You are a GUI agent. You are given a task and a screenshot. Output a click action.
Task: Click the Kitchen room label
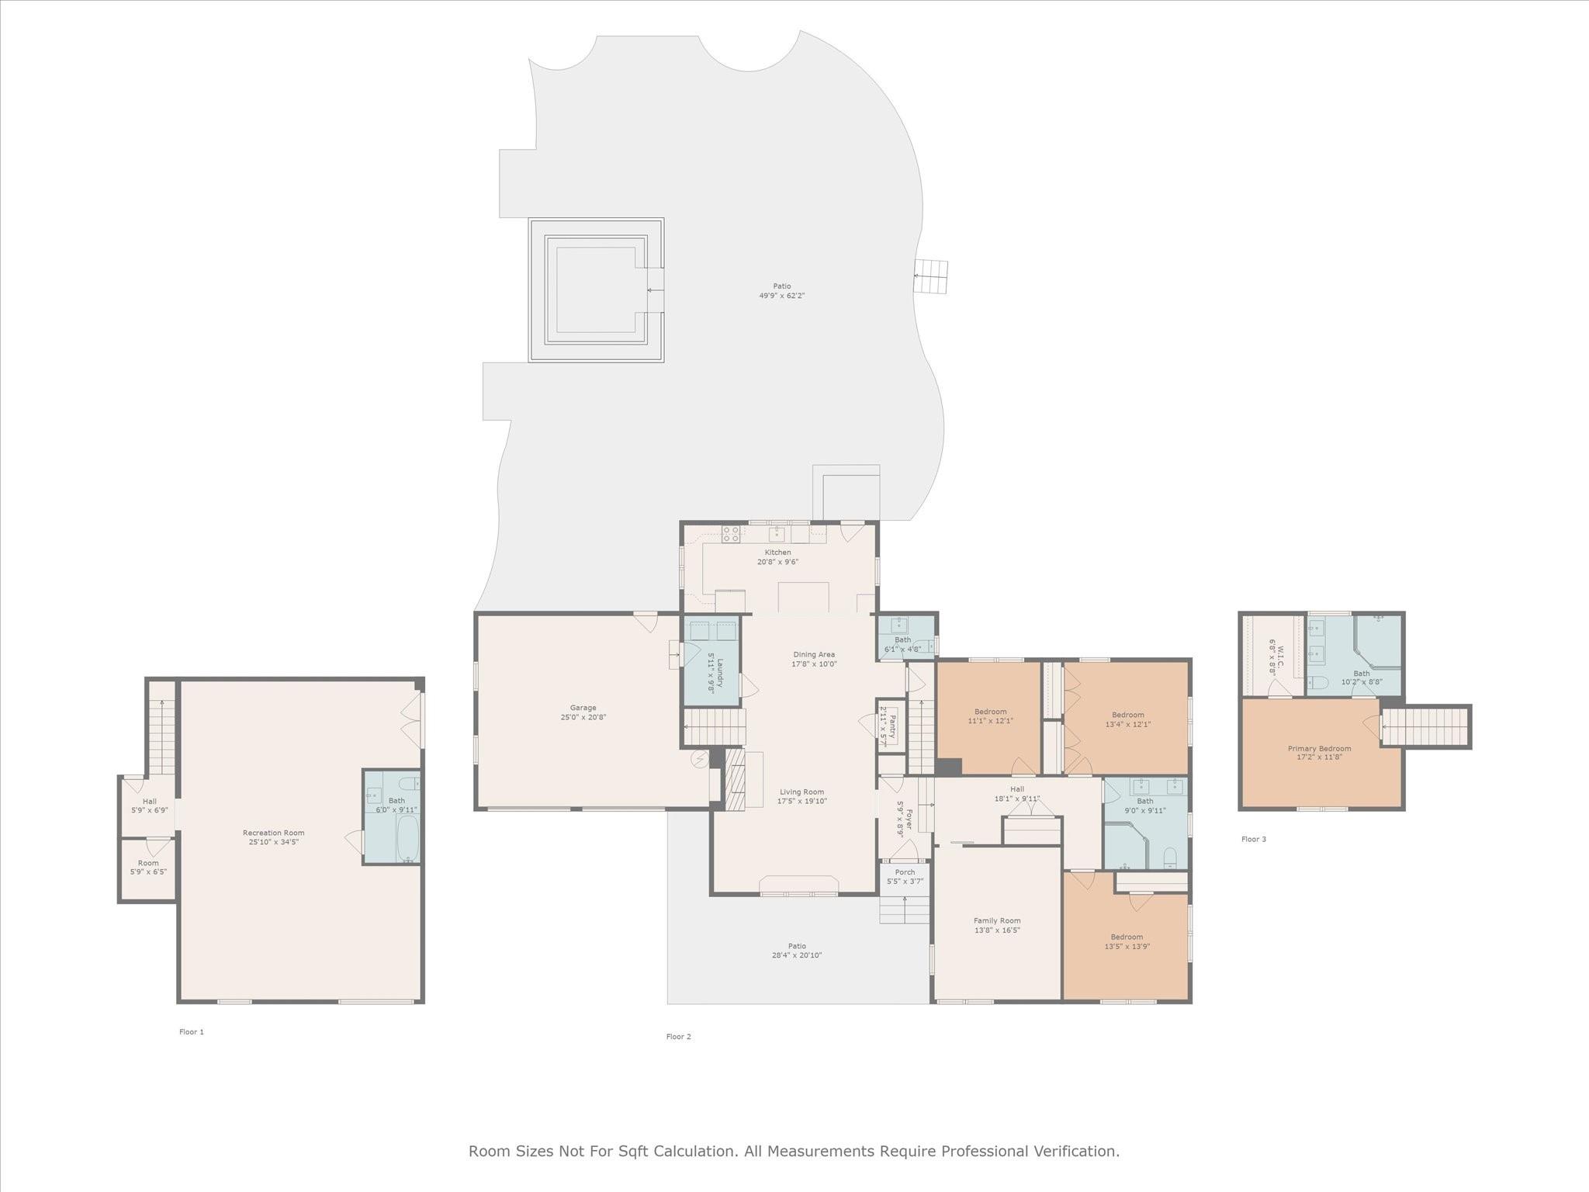[777, 553]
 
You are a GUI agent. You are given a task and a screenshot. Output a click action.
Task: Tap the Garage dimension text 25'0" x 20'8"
[583, 718]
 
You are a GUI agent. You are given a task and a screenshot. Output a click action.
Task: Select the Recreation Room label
[273, 833]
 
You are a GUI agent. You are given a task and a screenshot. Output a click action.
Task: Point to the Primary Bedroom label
[1319, 749]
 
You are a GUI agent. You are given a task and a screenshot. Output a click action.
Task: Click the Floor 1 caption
[192, 1032]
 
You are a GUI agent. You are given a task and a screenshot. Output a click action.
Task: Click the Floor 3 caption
[1253, 839]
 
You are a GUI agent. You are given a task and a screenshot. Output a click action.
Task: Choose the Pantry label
[891, 726]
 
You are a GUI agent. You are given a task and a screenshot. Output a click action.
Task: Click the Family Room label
[997, 920]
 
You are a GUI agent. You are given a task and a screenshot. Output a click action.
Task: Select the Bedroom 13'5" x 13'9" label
[1126, 937]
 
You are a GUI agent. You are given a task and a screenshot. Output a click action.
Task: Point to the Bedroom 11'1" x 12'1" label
[990, 712]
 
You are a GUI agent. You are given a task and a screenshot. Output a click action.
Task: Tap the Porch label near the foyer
[905, 872]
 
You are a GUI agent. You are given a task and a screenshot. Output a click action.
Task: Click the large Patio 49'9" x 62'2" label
[781, 286]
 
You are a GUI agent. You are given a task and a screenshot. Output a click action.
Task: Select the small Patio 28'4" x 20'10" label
[797, 946]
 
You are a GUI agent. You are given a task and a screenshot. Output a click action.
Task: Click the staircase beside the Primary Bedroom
[1426, 727]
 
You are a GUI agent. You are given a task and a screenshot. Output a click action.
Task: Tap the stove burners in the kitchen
[731, 533]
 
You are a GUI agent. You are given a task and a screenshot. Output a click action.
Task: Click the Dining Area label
[813, 654]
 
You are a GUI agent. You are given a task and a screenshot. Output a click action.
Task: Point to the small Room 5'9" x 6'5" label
[148, 863]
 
